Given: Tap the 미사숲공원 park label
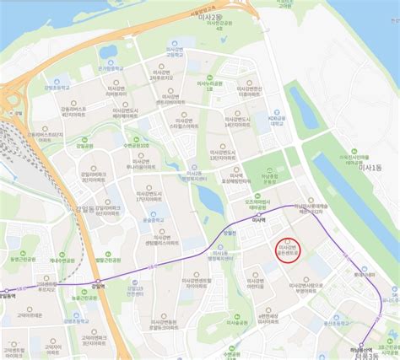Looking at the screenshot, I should coord(243,323).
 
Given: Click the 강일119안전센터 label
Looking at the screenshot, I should coord(134,290).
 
